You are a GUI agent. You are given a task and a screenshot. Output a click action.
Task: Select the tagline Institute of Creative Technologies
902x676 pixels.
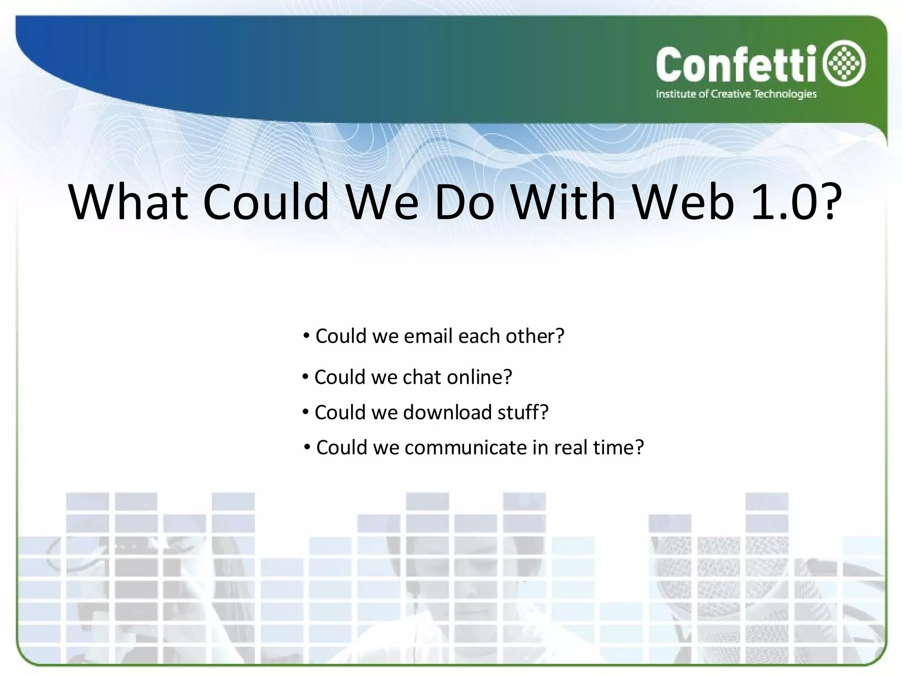pyautogui.click(x=736, y=94)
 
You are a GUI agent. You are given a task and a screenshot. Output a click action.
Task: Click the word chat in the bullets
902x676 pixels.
pyautogui.click(x=421, y=377)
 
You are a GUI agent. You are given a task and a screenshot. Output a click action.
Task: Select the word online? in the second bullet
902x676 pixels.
pyautogui.click(x=479, y=377)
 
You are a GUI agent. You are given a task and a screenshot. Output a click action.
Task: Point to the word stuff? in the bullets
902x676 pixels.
pyautogui.click(x=523, y=412)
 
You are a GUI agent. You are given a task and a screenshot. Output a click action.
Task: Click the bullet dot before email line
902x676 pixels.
pyautogui.click(x=306, y=336)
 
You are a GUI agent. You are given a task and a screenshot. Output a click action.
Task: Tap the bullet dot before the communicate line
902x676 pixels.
pyautogui.click(x=307, y=448)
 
